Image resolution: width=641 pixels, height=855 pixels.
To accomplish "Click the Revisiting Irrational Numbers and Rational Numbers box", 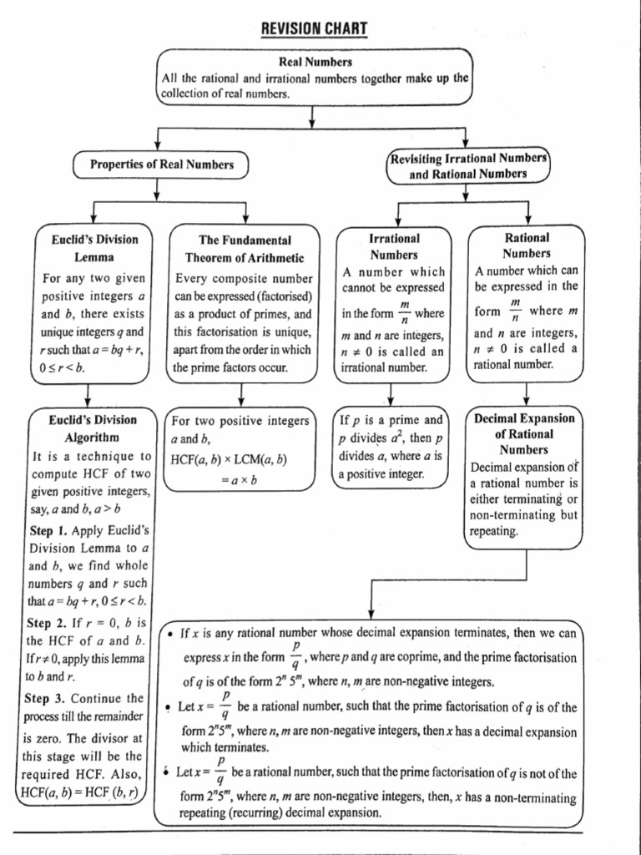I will coord(467,165).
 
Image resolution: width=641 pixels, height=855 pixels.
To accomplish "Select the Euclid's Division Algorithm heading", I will coord(92,428).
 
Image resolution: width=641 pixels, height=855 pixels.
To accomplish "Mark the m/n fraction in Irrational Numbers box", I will coord(404,313).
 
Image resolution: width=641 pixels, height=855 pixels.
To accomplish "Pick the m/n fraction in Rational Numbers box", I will coord(515,310).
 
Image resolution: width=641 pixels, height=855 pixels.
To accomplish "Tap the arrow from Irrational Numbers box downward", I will coord(391,394).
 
